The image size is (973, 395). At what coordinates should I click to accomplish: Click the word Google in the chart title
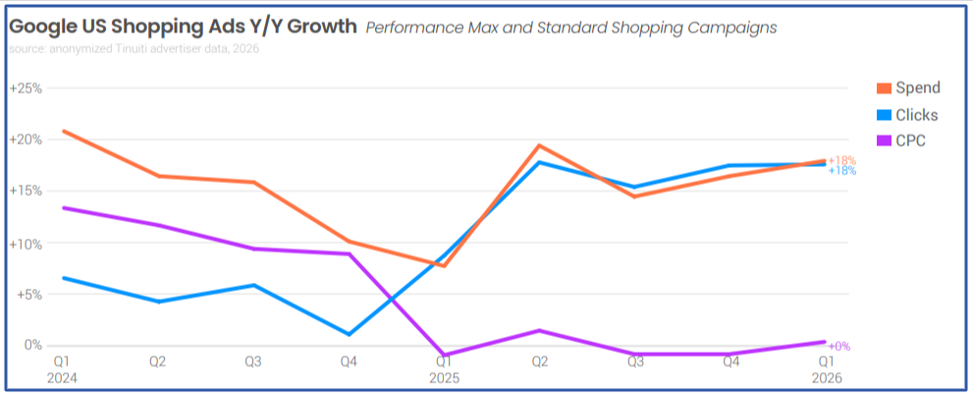43,27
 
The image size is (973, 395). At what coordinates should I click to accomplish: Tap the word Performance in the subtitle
413,28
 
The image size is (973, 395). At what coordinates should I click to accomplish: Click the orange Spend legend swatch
881,88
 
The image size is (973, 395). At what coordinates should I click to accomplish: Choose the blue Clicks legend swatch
881,115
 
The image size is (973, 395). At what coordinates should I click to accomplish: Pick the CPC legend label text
910,141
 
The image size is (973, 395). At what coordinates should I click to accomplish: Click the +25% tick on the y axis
26,87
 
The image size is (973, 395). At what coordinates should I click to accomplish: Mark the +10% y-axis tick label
26,243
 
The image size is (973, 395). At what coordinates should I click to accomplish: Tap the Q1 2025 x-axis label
445,368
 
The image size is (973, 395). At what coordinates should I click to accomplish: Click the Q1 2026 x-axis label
826,368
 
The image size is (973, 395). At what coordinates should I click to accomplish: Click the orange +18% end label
841,160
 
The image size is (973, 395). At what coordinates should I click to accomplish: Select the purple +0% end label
838,346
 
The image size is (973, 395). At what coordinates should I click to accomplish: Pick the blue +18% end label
841,171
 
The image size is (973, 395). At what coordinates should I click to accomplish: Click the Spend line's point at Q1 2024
64,131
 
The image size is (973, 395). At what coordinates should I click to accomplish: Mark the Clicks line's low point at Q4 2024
350,334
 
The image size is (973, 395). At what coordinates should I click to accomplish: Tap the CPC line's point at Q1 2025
445,355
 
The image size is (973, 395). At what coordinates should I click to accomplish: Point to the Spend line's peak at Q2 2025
539,145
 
